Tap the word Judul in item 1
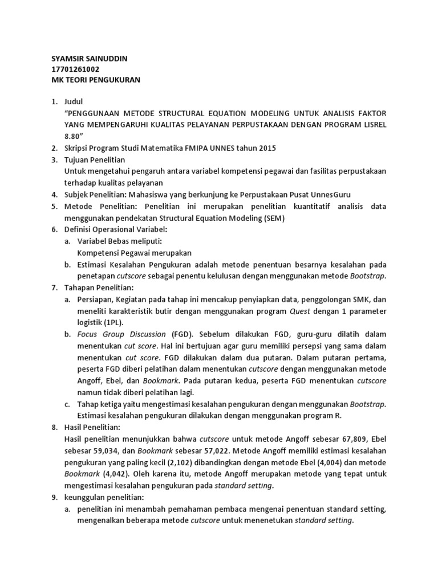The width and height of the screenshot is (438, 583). (x=74, y=102)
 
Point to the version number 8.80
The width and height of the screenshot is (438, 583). (x=75, y=137)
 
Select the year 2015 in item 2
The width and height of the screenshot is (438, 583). (x=266, y=148)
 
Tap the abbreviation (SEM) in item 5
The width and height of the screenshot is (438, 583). (x=274, y=217)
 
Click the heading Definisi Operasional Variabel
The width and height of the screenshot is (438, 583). (x=116, y=229)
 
